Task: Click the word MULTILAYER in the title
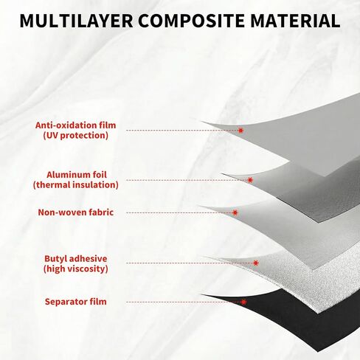tap(77, 21)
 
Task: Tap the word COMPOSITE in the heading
tap(192, 21)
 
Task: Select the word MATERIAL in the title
tap(295, 21)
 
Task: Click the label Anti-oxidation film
tap(75, 125)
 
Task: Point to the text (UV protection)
tap(76, 136)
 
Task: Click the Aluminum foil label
tap(77, 175)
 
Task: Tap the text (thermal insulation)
tap(76, 185)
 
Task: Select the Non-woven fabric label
tap(76, 212)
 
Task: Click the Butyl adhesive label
tap(76, 259)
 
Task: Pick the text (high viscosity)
tap(76, 269)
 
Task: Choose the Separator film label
tap(76, 302)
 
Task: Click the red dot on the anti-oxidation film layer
tap(240, 131)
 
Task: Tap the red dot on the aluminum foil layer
tap(250, 180)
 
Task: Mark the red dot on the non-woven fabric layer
tap(235, 212)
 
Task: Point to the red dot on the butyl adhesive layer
tap(256, 263)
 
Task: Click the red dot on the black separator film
tap(243, 302)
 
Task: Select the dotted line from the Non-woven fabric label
tap(179, 212)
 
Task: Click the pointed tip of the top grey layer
tap(201, 122)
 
